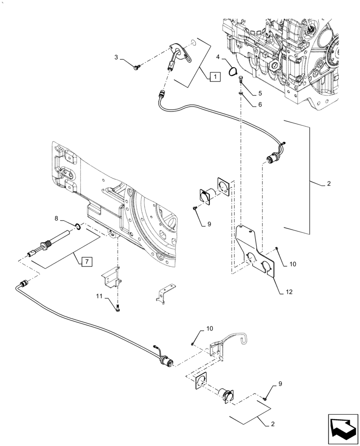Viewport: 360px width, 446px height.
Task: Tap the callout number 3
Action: click(x=117, y=58)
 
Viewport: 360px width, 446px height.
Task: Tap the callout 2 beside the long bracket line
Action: click(x=328, y=183)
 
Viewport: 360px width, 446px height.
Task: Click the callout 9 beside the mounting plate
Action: click(x=209, y=224)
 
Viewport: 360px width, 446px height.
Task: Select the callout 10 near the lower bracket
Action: click(x=209, y=329)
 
